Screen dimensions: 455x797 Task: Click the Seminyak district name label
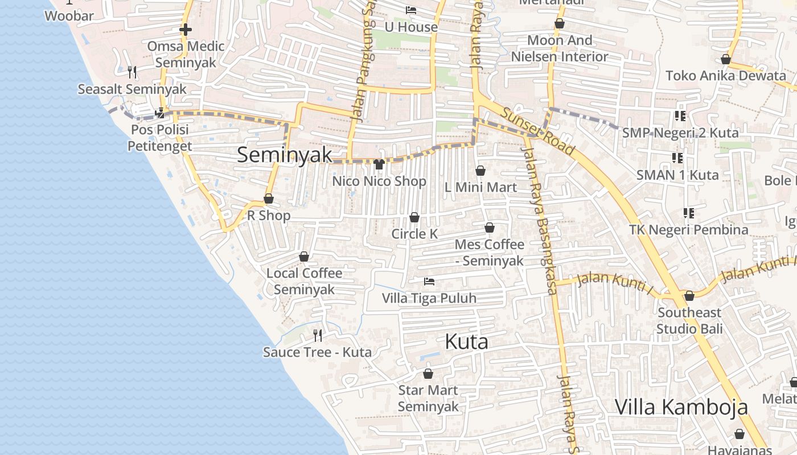point(284,155)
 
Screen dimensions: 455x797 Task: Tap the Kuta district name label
point(466,342)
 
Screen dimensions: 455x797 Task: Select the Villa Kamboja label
point(681,407)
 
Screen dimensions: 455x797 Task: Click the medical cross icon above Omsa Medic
point(185,30)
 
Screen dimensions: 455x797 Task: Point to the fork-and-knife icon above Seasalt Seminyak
point(132,72)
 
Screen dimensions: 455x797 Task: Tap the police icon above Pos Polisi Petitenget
point(159,113)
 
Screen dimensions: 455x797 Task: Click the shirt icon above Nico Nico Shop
point(379,164)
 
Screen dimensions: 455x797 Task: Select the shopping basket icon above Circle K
point(414,217)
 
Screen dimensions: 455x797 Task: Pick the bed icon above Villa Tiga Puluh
point(429,282)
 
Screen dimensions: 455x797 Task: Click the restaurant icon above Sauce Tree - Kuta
point(318,336)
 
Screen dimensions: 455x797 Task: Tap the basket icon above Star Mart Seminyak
point(428,374)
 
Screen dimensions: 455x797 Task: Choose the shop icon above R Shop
point(269,198)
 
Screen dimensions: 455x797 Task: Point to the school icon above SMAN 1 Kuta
point(677,158)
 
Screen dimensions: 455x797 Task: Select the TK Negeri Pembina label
point(688,230)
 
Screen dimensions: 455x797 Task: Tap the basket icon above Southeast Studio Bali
point(689,296)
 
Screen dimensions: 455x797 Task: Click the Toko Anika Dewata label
point(725,76)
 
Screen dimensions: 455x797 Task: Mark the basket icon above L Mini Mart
point(480,171)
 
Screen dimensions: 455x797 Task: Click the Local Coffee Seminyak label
point(304,281)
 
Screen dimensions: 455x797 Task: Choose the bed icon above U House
point(411,10)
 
